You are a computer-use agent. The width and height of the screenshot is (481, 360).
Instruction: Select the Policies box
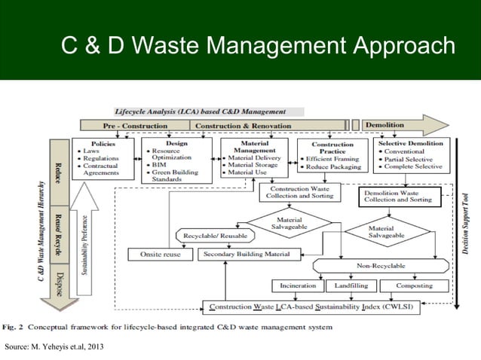point(103,158)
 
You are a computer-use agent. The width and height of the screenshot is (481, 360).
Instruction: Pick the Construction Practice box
point(332,156)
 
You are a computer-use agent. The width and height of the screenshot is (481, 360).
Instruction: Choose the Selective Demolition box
point(411,156)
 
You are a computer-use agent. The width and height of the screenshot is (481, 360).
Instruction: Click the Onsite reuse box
point(161,255)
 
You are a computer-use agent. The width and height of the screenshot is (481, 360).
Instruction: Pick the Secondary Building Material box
point(246,255)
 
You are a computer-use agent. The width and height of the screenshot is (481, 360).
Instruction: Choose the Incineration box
point(297,286)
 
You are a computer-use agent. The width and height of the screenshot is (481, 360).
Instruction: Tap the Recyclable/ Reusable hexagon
point(213,236)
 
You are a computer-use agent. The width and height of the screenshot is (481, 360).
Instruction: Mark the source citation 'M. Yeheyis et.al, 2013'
point(52,346)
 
